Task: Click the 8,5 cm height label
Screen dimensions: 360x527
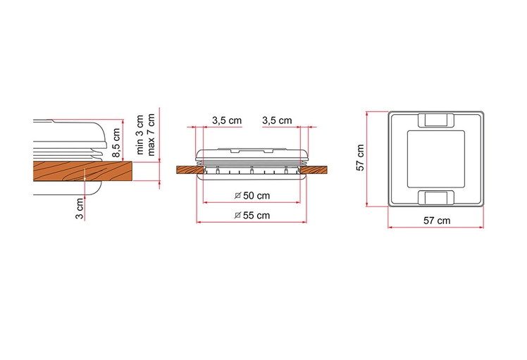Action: (x=116, y=140)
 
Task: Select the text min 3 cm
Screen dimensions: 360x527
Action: (x=140, y=137)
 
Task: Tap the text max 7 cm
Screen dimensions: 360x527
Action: (x=150, y=137)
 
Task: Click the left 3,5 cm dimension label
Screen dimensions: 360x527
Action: (x=227, y=120)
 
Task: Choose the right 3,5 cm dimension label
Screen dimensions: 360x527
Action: (x=276, y=120)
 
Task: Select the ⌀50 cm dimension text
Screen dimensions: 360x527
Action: (x=252, y=195)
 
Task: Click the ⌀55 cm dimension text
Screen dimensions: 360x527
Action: (x=252, y=215)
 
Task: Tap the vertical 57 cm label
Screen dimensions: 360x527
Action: (x=360, y=159)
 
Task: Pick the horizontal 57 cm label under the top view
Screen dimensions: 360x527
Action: (x=437, y=221)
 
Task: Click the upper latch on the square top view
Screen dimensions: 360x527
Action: (x=436, y=120)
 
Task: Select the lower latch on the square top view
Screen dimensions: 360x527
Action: (x=436, y=197)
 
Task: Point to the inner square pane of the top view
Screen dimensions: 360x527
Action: (x=436, y=159)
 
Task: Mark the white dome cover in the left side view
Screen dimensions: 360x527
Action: (x=70, y=134)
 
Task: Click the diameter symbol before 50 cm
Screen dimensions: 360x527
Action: (x=237, y=195)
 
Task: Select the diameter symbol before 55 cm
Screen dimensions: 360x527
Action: (x=237, y=215)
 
